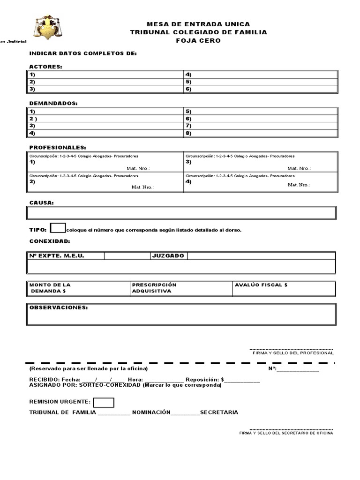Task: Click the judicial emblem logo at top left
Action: pos(48,28)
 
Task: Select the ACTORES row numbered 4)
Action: pos(260,75)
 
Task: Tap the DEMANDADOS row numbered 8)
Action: pos(260,133)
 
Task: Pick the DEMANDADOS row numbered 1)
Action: pos(105,112)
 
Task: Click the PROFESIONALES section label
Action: pos(58,147)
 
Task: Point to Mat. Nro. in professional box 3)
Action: pos(299,168)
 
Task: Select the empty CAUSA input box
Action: pos(181,213)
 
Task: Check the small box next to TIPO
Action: pos(58,228)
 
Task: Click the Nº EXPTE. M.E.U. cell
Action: pos(66,256)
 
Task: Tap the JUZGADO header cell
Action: pos(168,256)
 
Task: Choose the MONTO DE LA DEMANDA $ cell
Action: pos(78,288)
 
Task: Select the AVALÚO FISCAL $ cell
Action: pos(284,288)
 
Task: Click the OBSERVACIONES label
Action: pos(59,307)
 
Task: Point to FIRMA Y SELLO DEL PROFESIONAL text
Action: pos(293,352)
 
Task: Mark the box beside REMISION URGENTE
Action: pos(104,402)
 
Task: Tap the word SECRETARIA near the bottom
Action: pos(219,412)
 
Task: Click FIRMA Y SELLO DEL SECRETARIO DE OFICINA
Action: pos(286,433)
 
